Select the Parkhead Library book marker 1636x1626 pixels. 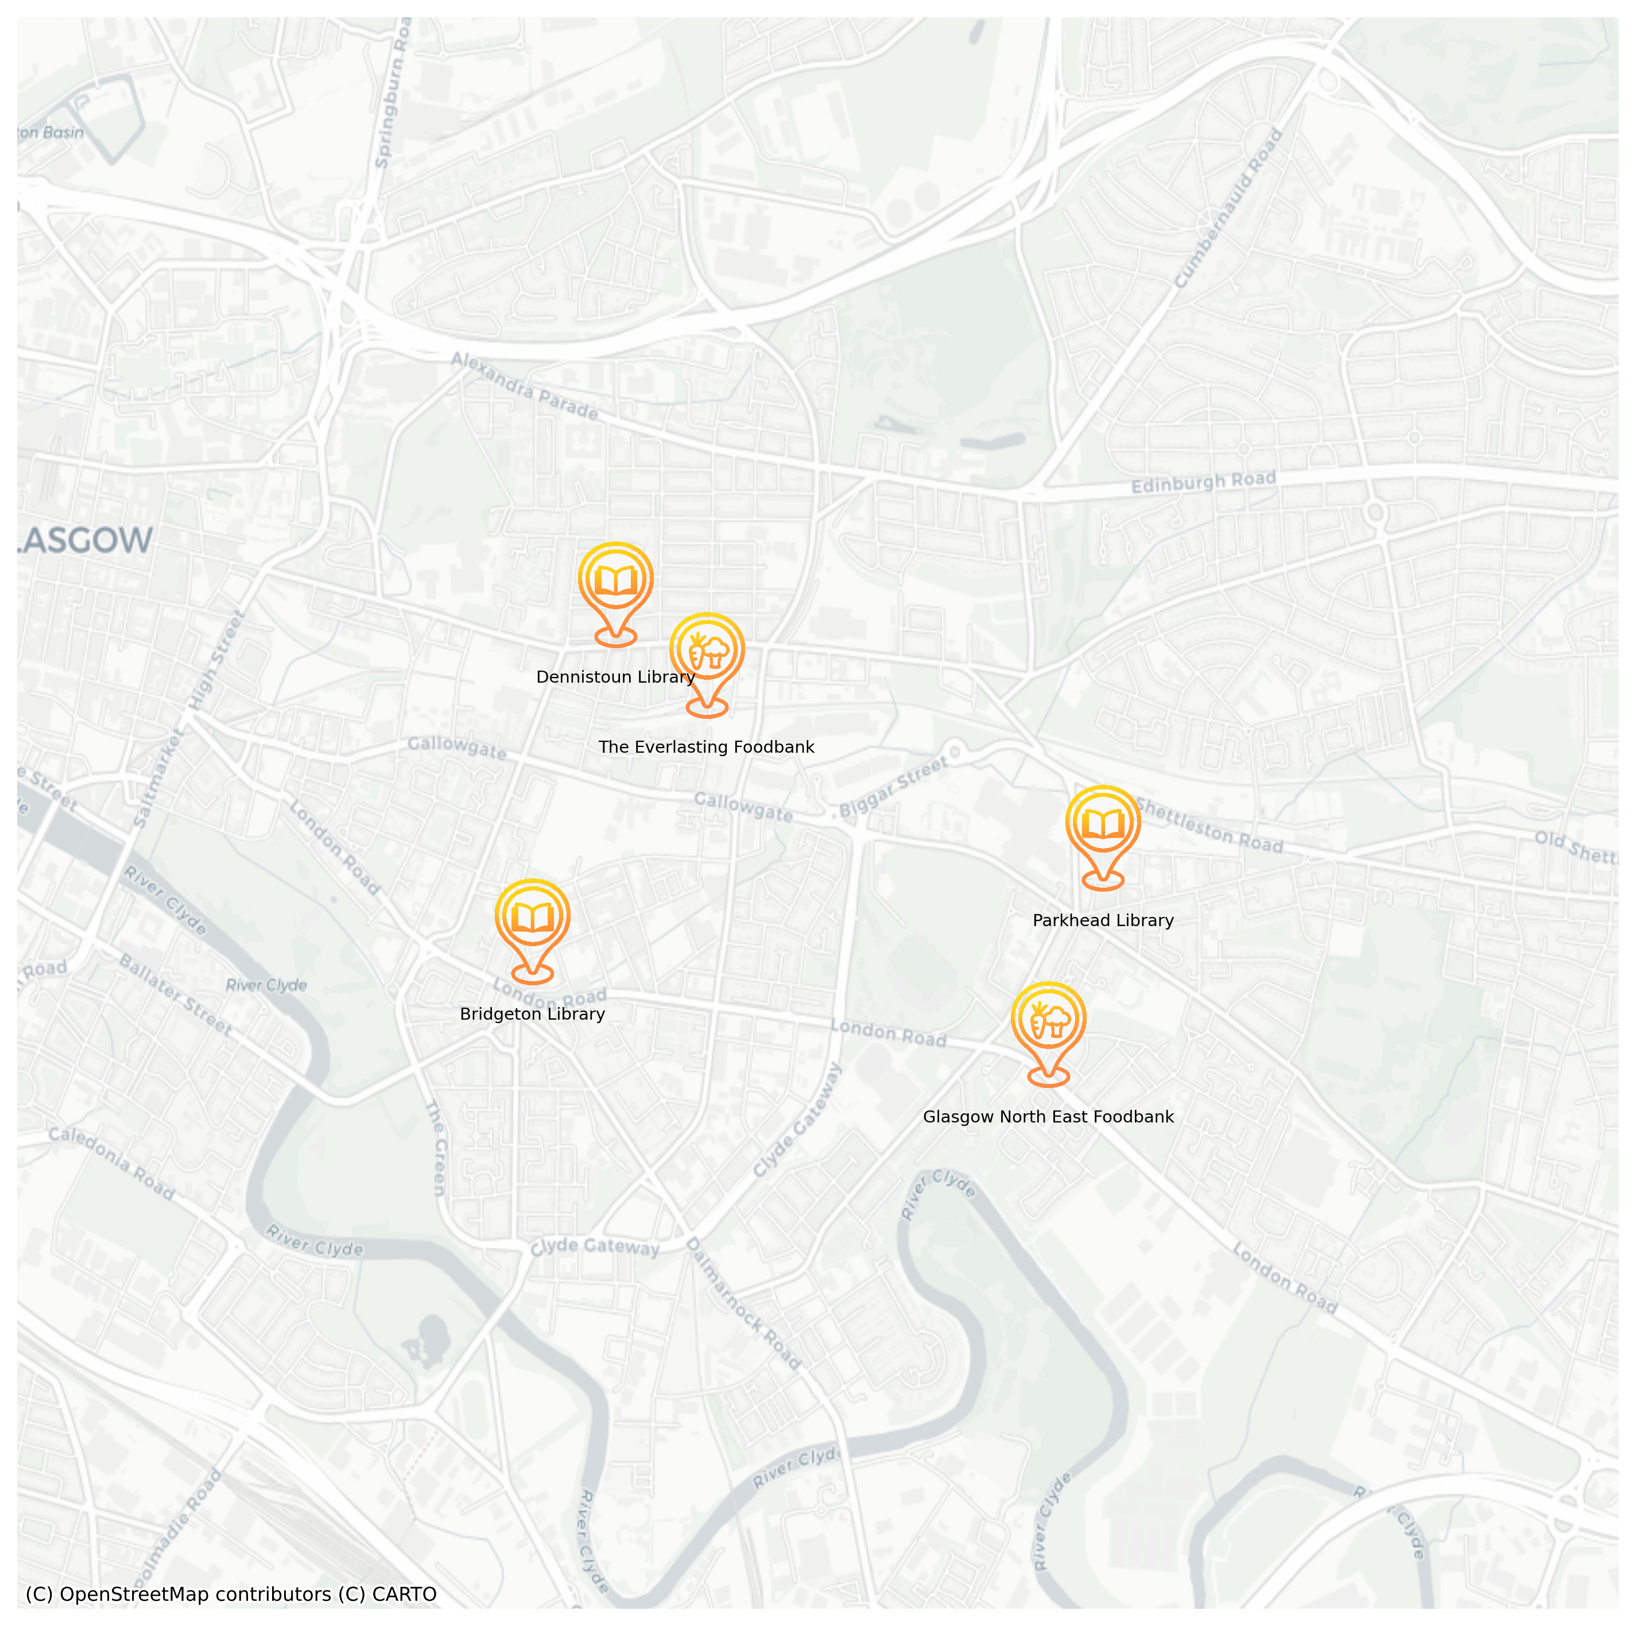click(1103, 823)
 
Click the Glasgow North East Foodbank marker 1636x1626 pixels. click(1048, 1020)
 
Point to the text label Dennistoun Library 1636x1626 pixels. click(615, 677)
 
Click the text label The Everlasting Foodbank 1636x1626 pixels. click(706, 747)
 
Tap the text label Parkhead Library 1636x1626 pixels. click(1103, 920)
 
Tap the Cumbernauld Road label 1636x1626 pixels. click(1230, 208)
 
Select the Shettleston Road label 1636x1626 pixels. click(1209, 825)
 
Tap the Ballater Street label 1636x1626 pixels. click(175, 994)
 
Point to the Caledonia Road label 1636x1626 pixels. click(111, 1163)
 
